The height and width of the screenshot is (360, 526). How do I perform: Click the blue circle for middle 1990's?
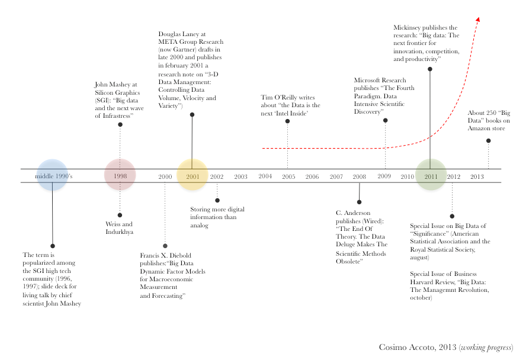(x=52, y=175)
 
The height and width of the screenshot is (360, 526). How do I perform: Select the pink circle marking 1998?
(x=120, y=175)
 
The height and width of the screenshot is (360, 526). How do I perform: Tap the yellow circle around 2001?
(x=192, y=175)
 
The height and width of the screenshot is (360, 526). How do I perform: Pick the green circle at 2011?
(x=431, y=175)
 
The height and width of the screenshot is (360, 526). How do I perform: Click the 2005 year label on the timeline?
(x=288, y=176)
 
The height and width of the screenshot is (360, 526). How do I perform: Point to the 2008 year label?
(x=359, y=176)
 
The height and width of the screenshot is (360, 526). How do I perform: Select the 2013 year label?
(x=477, y=176)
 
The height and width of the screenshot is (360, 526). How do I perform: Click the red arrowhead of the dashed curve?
(x=477, y=20)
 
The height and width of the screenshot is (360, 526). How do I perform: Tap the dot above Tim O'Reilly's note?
(x=287, y=121)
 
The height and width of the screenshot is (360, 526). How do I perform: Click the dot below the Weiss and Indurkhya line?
(x=120, y=215)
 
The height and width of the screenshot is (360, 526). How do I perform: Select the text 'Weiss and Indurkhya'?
(x=119, y=228)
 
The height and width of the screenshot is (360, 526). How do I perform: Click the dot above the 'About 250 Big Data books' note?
(x=488, y=141)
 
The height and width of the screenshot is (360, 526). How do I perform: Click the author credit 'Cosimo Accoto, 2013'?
(x=418, y=347)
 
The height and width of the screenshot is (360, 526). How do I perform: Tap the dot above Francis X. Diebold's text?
(x=165, y=246)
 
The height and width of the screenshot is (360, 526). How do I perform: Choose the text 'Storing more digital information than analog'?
(x=217, y=217)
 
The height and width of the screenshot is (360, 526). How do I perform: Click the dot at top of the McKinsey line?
(x=430, y=69)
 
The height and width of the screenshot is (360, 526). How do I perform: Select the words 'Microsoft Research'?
(x=380, y=80)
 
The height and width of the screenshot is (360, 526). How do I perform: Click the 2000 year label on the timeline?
(x=165, y=176)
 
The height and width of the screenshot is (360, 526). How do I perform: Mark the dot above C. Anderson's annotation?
(x=359, y=202)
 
